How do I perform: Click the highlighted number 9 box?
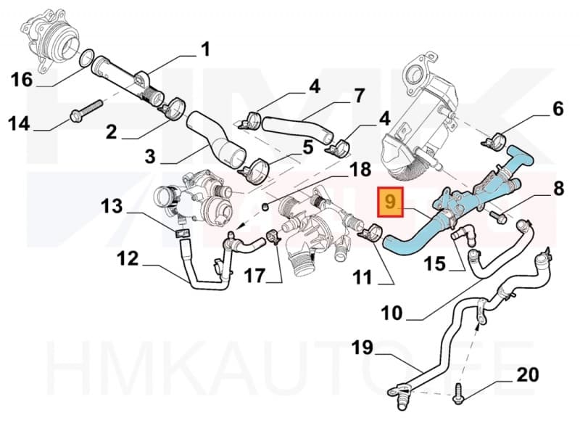[x=391, y=202]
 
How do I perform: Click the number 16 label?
[x=22, y=78]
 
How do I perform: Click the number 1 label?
[x=205, y=49]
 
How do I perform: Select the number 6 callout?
[x=558, y=108]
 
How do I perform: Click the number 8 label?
[x=558, y=190]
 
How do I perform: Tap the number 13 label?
[x=112, y=206]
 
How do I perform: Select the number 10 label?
[x=391, y=313]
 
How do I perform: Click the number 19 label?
[x=362, y=349]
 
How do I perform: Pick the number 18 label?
[x=359, y=171]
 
